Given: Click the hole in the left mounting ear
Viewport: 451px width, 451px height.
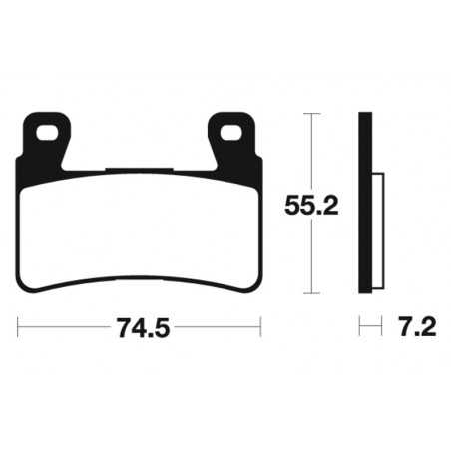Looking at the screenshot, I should (45, 131).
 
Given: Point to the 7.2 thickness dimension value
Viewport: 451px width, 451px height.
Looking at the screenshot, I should (411, 325).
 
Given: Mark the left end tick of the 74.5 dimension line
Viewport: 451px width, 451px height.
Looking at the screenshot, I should (19, 325).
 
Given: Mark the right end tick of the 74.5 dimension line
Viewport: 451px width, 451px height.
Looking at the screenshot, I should (260, 325).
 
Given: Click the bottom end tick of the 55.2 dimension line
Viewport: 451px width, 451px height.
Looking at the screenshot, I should (312, 293).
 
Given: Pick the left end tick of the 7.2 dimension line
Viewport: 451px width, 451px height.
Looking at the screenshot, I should (360, 325).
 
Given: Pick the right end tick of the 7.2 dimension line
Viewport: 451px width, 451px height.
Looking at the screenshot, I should (382, 325).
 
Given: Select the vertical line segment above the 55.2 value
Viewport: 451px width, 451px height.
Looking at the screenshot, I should (312, 150).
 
